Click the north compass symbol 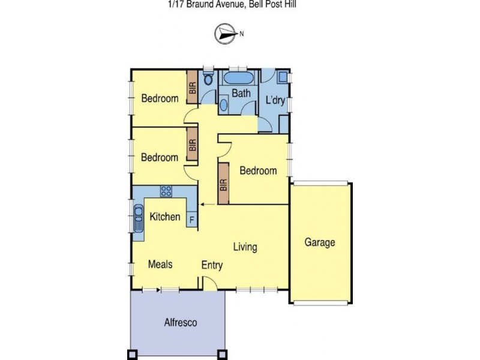tap(226, 34)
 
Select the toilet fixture tap(208, 79)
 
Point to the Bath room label tap(241, 94)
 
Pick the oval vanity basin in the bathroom tap(223, 105)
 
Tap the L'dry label tap(275, 101)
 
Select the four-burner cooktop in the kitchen tap(166, 192)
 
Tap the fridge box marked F tap(191, 220)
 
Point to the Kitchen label tap(165, 217)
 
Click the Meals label tap(160, 265)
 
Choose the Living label tap(245, 247)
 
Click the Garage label tap(319, 242)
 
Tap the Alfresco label tap(180, 323)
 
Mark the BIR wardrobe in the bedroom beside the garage tap(224, 184)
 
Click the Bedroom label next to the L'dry tap(258, 170)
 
